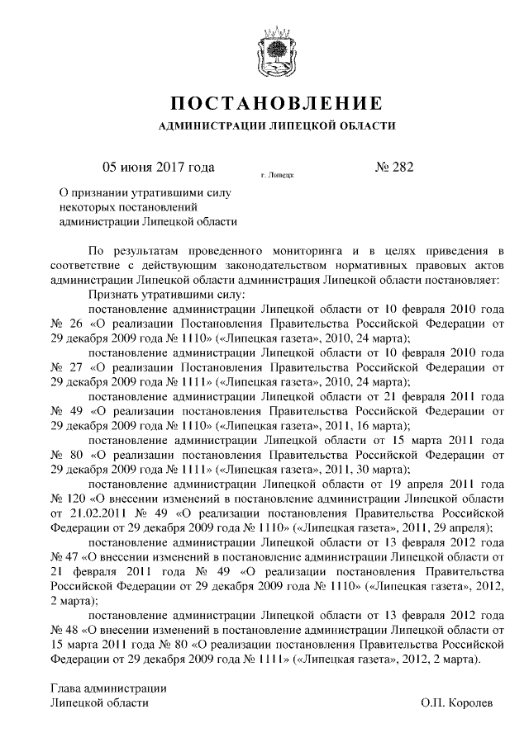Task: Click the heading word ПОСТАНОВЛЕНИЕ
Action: (x=275, y=105)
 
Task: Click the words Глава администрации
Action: (x=109, y=687)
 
